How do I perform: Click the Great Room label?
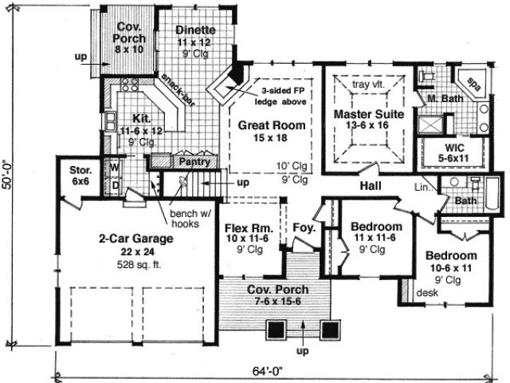272,125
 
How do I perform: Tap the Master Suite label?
369,114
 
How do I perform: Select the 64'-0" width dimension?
268,371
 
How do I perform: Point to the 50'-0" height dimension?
7,174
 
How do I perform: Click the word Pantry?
194,162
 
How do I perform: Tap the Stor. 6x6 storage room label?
80,176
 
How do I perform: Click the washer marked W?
115,168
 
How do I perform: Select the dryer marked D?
116,186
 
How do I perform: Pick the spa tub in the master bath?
473,84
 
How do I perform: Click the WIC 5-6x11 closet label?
453,152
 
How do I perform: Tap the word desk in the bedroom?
427,293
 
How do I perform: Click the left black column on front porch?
277,330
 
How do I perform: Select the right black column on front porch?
331,330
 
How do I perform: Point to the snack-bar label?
178,89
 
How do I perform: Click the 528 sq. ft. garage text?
139,265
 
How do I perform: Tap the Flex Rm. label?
249,228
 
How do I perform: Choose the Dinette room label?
195,30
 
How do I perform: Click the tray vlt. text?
368,85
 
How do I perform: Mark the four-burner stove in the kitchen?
129,85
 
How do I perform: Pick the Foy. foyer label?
304,227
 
